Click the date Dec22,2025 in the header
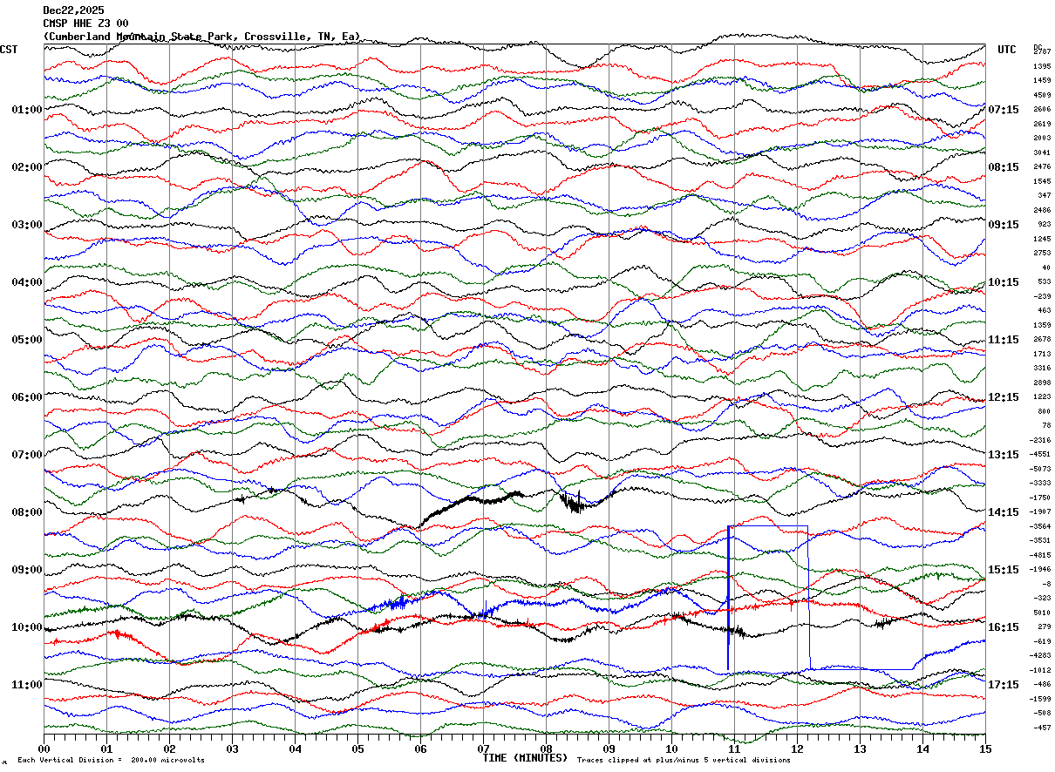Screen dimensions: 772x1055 pos(73,10)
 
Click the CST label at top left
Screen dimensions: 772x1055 pos(9,50)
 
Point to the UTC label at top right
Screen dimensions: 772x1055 pos(1007,50)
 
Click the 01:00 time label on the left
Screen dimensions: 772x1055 pos(27,110)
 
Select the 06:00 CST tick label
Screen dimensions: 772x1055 pos(27,397)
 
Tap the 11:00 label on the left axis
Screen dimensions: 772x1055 pos(27,685)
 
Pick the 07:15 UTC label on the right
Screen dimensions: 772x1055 pos(1004,110)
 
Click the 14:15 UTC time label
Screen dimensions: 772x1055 pos(1004,512)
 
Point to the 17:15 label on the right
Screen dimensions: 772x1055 pos(1004,685)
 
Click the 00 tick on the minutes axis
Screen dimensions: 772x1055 pos(44,748)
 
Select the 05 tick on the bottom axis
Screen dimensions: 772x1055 pos(358,748)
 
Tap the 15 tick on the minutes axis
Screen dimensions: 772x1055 pos(985,748)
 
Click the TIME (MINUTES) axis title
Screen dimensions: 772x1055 pos(525,758)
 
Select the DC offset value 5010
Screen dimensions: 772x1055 pos(1042,613)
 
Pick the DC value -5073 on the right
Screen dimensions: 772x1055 pos(1042,469)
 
